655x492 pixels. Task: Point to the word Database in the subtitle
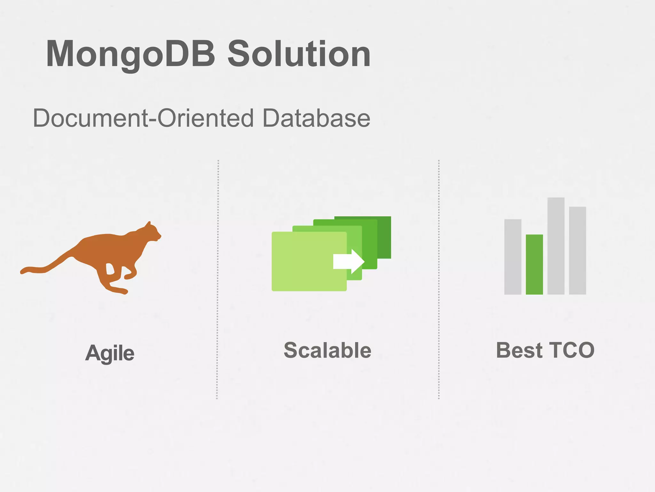[x=316, y=118]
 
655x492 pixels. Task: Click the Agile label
[x=110, y=353]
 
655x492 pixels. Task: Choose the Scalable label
[x=327, y=350]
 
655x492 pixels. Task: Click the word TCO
[x=572, y=350]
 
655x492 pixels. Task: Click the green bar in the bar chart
[x=534, y=264]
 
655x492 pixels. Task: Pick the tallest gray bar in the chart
[x=556, y=246]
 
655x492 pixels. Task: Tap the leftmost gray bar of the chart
[x=513, y=257]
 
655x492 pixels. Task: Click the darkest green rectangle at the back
[x=384, y=237]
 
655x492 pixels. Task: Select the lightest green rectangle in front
[x=304, y=261]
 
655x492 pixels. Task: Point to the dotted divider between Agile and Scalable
[x=217, y=279]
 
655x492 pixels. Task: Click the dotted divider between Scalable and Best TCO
[x=438, y=279]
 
